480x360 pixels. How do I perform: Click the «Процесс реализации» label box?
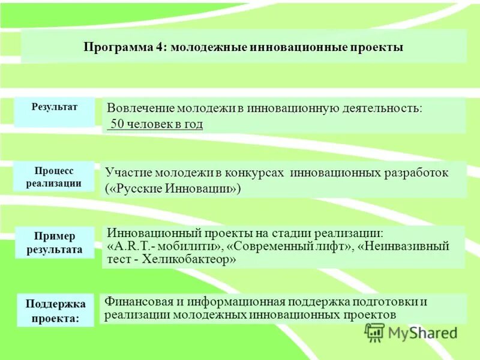54,177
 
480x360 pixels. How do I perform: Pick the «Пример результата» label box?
55,242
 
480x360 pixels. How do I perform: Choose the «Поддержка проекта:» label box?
55,310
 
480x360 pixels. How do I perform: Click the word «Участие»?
128,173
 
